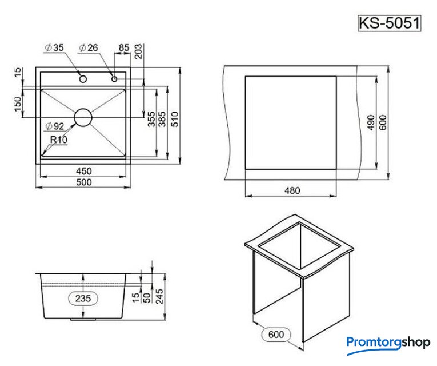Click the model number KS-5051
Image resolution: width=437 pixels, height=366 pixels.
[390, 23]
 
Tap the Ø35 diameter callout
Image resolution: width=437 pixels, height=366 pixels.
[55, 47]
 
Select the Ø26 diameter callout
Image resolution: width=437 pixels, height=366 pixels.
[89, 47]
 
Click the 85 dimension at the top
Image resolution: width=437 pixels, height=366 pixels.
[124, 47]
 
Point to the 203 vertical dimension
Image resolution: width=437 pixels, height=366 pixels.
[138, 51]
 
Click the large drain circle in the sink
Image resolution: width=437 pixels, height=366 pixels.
[83, 117]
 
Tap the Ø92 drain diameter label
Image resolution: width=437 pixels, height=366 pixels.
[55, 126]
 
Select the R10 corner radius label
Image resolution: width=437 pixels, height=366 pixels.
[59, 140]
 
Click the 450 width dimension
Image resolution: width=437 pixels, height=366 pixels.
[83, 171]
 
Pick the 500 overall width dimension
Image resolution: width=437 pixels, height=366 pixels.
[83, 182]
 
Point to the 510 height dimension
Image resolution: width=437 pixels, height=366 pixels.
[175, 120]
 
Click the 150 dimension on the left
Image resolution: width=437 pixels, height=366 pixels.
[18, 104]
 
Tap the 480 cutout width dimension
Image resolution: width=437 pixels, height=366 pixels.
[292, 191]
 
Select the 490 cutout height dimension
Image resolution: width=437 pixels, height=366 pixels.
[371, 122]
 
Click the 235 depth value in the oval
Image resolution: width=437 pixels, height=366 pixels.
[83, 298]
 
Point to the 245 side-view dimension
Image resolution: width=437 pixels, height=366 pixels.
[159, 296]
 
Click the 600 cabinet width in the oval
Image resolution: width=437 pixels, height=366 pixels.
[276, 334]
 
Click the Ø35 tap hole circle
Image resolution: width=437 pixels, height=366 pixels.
[83, 79]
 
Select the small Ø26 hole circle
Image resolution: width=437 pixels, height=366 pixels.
[114, 79]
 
